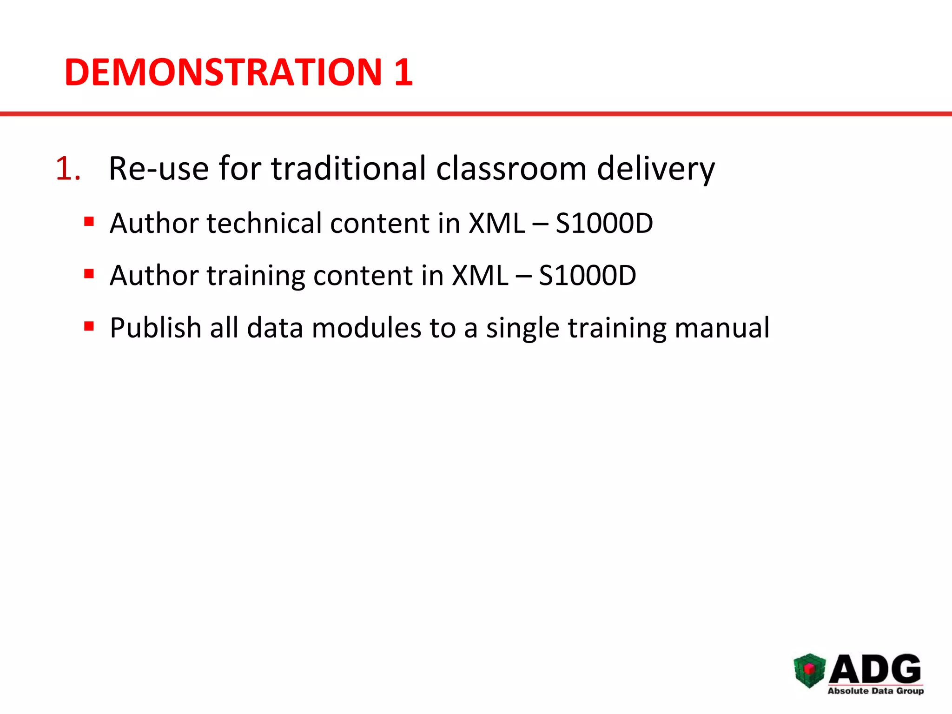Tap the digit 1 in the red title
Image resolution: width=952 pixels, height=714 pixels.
point(403,73)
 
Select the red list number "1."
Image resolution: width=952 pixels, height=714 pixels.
point(68,168)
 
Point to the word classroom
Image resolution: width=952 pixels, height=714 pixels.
point(511,168)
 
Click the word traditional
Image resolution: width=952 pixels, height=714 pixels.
point(349,168)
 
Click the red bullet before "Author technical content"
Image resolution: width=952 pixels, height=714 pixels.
point(89,221)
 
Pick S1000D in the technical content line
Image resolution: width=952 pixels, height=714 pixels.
point(604,223)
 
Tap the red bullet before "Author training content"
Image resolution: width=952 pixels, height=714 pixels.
point(89,273)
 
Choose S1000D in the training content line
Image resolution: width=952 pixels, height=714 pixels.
point(587,276)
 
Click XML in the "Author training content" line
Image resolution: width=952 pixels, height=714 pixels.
point(480,276)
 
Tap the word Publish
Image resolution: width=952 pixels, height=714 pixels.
point(155,328)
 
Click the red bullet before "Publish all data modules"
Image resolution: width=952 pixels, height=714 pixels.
point(89,326)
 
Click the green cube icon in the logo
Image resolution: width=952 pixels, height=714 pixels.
point(809,670)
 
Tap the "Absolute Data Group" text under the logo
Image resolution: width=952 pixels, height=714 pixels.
point(875,691)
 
